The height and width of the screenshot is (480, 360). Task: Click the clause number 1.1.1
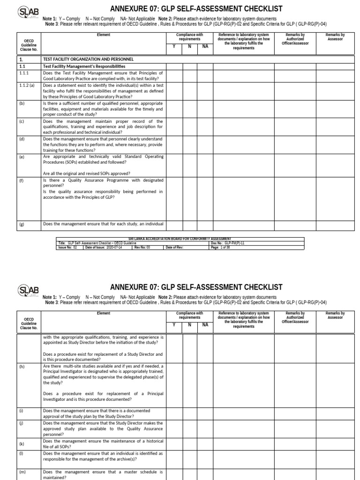pyautogui.click(x=24, y=73)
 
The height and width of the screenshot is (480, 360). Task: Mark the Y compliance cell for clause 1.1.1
pyautogui.click(x=174, y=75)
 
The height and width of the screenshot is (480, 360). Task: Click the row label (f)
pyautogui.click(x=22, y=180)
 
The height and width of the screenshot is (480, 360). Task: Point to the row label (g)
pyautogui.click(x=22, y=224)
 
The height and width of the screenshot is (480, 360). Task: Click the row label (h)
pyautogui.click(x=22, y=366)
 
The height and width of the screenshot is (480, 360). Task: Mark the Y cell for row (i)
pyautogui.click(x=174, y=412)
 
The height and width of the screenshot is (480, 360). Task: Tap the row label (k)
pyautogui.click(x=22, y=443)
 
